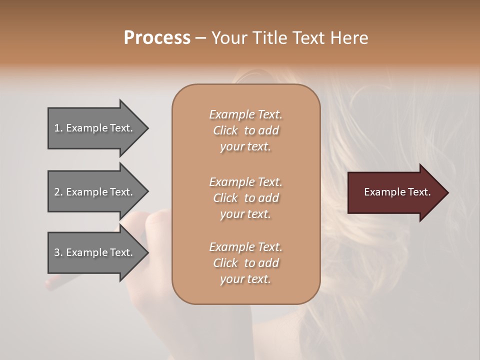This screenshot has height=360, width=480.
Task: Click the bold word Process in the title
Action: point(157,38)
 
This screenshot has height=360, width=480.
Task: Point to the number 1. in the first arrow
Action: point(58,128)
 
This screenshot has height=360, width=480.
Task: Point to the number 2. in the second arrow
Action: point(58,192)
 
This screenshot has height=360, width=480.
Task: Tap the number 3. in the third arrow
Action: point(58,252)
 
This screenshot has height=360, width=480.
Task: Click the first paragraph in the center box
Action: point(245,130)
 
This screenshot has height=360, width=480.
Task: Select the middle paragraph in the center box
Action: point(245,198)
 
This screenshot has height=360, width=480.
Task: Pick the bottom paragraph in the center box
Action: point(245,263)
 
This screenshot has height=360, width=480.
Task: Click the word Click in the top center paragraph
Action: point(225,131)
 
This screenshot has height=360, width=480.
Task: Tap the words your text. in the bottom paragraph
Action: point(245,279)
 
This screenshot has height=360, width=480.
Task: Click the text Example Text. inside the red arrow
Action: point(397,192)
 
